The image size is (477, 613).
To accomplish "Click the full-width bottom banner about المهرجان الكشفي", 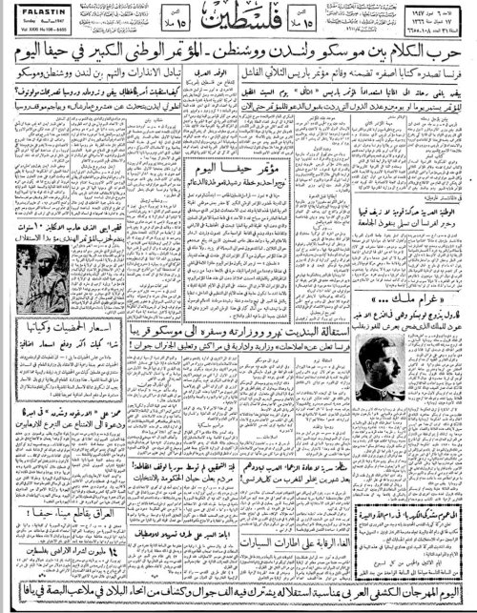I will [238, 600].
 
